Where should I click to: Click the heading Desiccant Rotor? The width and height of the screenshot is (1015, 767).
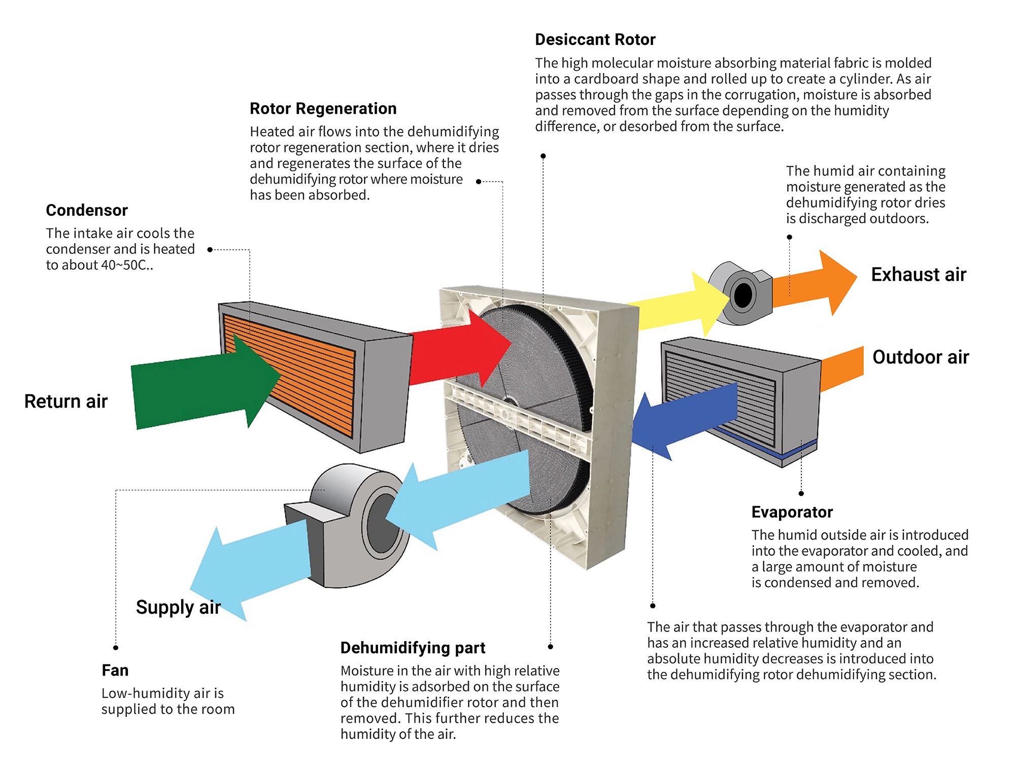(x=595, y=40)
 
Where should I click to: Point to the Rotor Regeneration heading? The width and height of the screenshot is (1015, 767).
(x=323, y=109)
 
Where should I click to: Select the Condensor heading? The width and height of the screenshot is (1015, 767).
(x=87, y=210)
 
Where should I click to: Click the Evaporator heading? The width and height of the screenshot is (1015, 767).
(x=792, y=512)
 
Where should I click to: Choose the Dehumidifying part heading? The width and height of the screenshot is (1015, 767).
(x=413, y=648)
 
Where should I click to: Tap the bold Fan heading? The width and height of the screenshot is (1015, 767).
(x=115, y=670)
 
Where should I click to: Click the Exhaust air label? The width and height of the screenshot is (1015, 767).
(x=919, y=275)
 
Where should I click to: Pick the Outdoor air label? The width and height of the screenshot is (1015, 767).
(x=921, y=357)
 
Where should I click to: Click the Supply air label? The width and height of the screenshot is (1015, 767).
(x=178, y=607)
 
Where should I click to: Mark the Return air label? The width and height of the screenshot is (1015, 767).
(x=66, y=402)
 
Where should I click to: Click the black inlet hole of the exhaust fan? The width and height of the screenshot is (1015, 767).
(x=743, y=295)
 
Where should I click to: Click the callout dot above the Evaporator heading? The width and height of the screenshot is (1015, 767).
(x=801, y=493)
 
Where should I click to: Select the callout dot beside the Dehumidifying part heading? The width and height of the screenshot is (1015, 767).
(x=551, y=647)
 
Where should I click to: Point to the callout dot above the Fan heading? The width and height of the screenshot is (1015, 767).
(x=116, y=648)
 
